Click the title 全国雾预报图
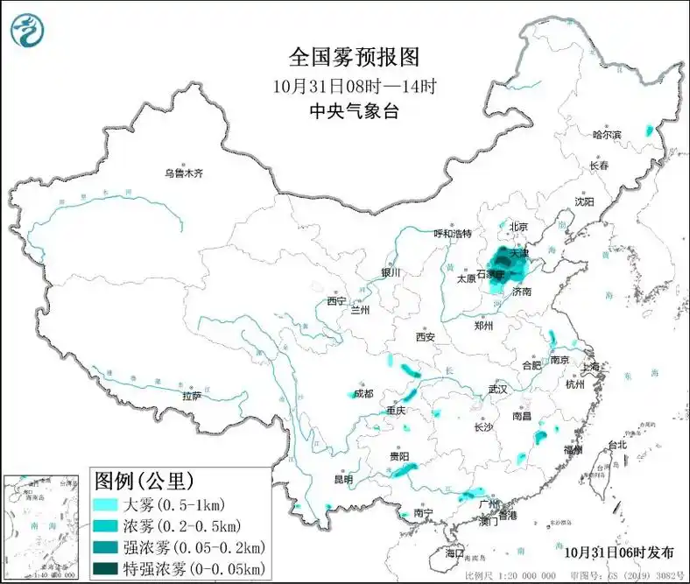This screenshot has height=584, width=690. [355, 58]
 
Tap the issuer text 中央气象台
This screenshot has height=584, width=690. [355, 111]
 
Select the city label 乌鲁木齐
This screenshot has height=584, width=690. [184, 173]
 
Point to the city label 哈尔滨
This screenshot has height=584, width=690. [607, 135]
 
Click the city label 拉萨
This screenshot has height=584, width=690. [193, 396]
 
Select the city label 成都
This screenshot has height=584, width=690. [363, 393]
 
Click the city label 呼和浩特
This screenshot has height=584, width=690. [453, 234]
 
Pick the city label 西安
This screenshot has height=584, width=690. [426, 336]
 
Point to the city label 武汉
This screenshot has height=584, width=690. [498, 388]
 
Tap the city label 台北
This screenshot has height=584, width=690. [617, 444]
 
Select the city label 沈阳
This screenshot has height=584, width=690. [584, 201]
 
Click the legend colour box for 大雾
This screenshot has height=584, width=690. [105, 504]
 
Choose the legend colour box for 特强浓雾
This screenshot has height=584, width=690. [105, 569]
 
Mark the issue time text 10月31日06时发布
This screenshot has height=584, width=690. [618, 552]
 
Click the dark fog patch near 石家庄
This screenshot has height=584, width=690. [502, 263]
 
